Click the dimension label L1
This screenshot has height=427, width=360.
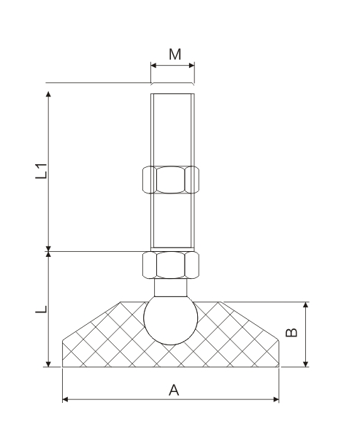(43, 172)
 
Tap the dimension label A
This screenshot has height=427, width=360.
(173, 390)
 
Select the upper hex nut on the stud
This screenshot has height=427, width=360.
(172, 180)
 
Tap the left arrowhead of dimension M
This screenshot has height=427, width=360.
(153, 65)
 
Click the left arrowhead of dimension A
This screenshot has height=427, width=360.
(66, 400)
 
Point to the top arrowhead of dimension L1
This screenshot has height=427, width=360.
(48, 96)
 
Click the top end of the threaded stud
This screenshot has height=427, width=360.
(172, 94)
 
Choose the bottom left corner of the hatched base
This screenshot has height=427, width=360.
(64, 366)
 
